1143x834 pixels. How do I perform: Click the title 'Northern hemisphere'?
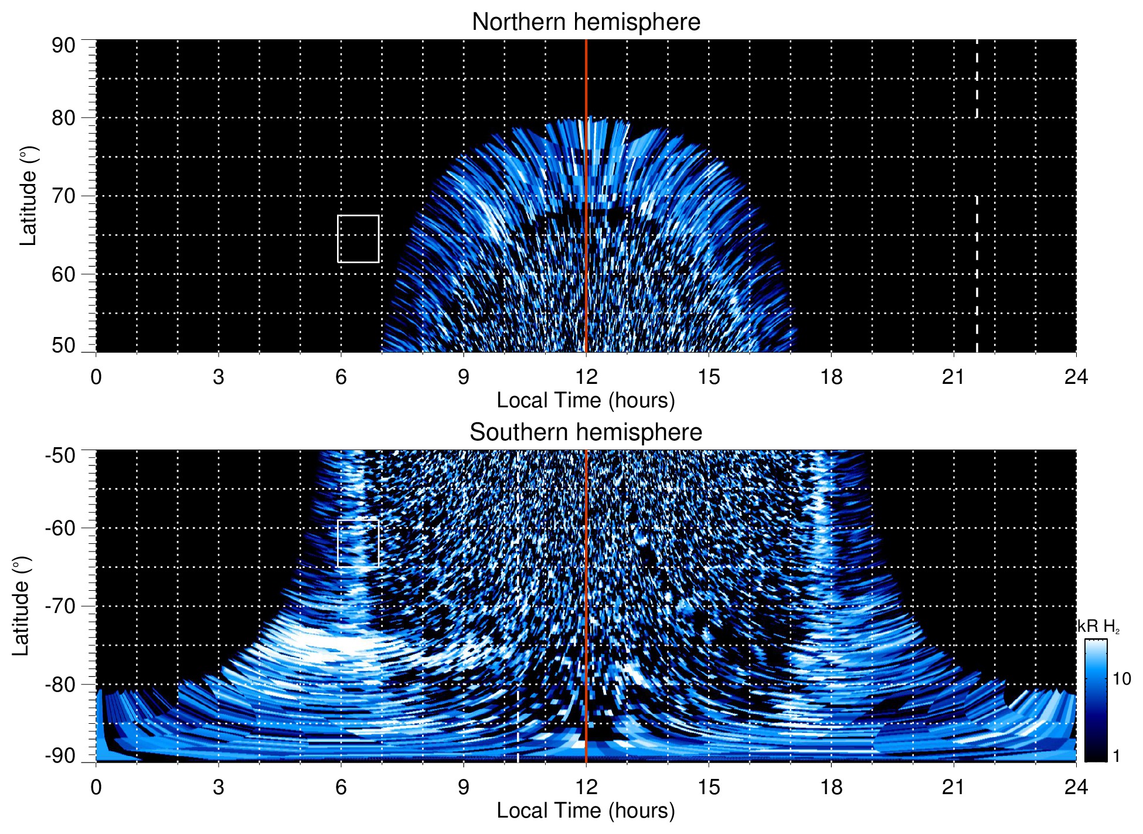point(586,22)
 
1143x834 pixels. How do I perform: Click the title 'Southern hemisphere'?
point(586,433)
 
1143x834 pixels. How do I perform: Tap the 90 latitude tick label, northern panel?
point(63,46)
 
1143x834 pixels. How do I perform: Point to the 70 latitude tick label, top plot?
point(63,196)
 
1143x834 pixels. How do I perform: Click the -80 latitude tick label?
point(60,684)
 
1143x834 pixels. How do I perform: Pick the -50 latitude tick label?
point(60,455)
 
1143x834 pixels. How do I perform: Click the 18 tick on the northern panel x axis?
point(831,376)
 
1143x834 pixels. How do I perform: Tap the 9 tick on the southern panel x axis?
point(464,787)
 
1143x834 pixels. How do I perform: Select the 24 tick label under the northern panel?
point(1076,376)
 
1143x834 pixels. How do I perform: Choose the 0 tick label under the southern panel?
point(96,787)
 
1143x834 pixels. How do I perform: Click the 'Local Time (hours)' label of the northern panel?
point(586,400)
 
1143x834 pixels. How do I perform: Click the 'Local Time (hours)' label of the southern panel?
point(586,811)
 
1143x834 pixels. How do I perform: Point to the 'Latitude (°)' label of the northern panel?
point(28,196)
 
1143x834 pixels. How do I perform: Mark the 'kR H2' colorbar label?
point(1098,627)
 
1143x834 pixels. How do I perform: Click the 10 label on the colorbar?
point(1121,679)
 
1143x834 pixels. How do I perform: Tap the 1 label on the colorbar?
point(1116,756)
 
